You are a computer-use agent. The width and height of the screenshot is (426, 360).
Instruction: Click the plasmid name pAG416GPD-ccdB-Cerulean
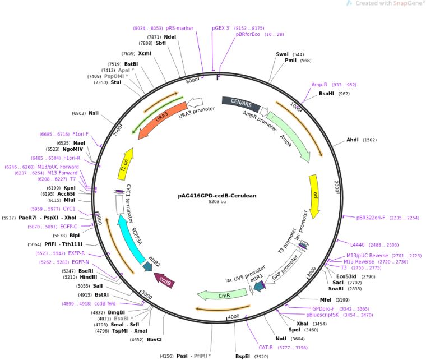pos(217,195)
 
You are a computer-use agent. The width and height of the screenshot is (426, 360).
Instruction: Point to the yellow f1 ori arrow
pos(127,163)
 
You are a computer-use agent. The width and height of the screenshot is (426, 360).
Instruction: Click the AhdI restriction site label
pos(353,140)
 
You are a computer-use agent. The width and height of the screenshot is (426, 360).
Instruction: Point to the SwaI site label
pos(282,54)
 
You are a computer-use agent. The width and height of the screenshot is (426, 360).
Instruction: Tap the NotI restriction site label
pos(281,339)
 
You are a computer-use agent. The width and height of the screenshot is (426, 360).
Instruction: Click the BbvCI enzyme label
pos(154,339)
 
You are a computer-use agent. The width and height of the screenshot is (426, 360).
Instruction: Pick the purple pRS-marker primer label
pos(179,27)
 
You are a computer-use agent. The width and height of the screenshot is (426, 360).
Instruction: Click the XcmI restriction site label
pos(145,53)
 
